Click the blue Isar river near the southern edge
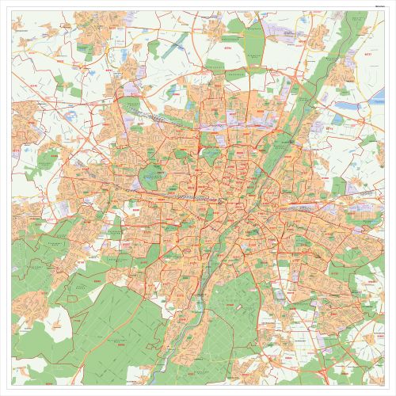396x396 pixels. coord(171,372)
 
